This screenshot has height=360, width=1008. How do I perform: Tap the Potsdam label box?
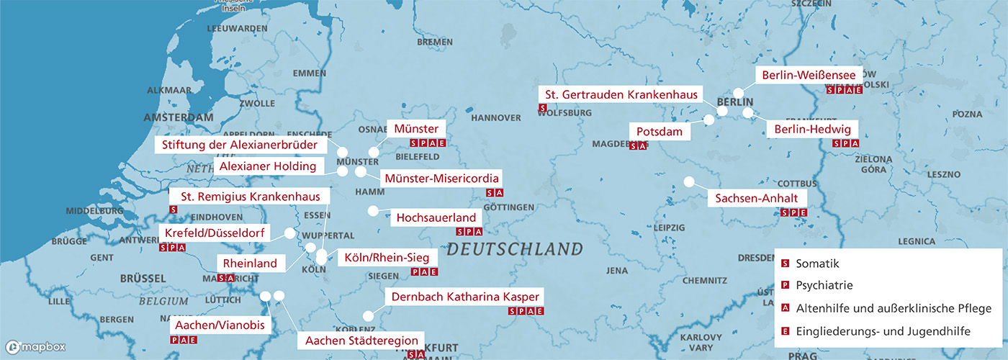tap(660, 132)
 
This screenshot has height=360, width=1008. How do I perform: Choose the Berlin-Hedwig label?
tap(812, 130)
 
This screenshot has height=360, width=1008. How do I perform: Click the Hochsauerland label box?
tap(436, 217)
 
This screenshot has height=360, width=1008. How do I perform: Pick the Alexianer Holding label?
tap(268, 166)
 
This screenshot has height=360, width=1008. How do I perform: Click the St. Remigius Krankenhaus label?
tap(248, 196)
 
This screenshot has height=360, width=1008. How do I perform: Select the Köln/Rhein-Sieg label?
tap(387, 258)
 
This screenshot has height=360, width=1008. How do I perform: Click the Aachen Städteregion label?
tap(361, 340)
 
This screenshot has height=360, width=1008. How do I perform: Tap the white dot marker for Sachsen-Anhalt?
tap(689, 181)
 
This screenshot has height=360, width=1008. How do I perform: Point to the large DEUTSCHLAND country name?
tap(514, 250)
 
